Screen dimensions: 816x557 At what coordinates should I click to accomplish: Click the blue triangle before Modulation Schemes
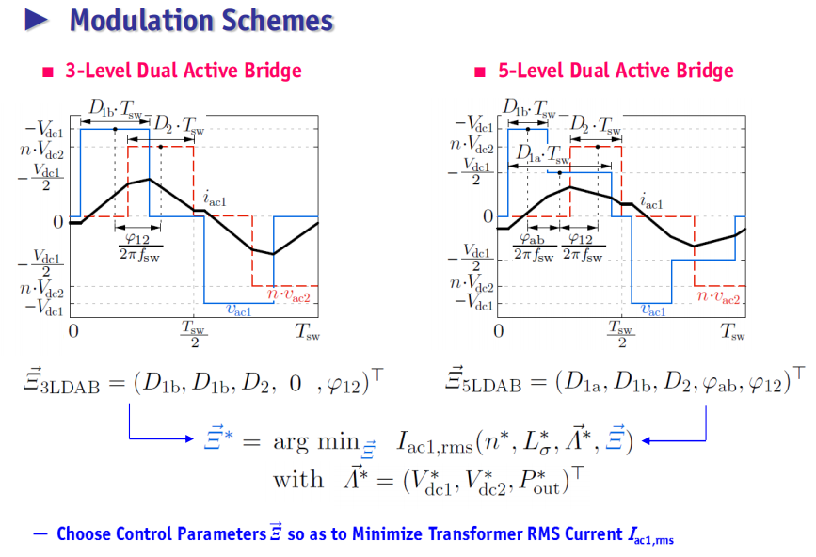[36, 20]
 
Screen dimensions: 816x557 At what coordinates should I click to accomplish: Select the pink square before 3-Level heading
[48, 72]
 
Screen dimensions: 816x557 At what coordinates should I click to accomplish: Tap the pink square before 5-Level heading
[480, 72]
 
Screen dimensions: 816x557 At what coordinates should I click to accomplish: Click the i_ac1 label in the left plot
[215, 199]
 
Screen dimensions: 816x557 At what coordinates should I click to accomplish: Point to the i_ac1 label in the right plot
[651, 200]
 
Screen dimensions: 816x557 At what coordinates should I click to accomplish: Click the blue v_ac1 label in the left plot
[239, 310]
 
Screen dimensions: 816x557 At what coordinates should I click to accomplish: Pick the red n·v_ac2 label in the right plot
[718, 296]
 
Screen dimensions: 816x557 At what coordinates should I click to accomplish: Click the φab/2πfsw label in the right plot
[534, 247]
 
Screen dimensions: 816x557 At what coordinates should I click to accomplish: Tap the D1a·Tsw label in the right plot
[542, 153]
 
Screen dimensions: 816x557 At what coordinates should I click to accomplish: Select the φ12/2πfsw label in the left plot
[139, 247]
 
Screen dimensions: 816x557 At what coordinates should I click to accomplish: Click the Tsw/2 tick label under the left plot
[194, 333]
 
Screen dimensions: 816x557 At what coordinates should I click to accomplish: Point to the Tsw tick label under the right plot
[733, 331]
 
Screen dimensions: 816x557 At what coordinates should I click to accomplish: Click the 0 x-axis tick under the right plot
[499, 331]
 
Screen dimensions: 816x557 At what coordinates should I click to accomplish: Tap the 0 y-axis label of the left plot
[58, 221]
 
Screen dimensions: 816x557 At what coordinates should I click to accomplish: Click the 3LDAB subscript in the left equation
[70, 388]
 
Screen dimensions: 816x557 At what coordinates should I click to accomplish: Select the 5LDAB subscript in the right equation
[492, 387]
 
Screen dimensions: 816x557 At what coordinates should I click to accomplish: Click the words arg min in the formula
[316, 442]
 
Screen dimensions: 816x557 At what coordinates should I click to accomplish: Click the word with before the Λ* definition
[298, 479]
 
